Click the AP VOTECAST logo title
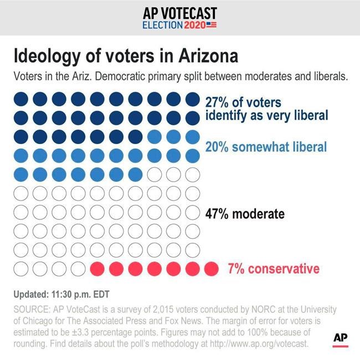pyautogui.click(x=179, y=13)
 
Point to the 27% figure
pyautogui.click(x=217, y=102)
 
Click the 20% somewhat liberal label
pyautogui.click(x=266, y=147)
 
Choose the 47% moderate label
pyautogui.click(x=245, y=214)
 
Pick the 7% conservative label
pyautogui.click(x=274, y=269)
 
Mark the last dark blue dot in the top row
pyautogui.click(x=192, y=99)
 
